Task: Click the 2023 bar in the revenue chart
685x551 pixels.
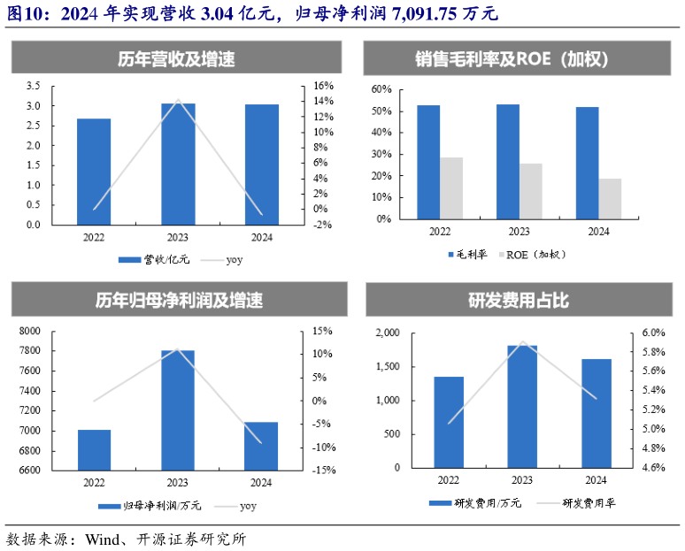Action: pyautogui.click(x=178, y=164)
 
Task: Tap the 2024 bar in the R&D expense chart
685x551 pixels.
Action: pyautogui.click(x=596, y=413)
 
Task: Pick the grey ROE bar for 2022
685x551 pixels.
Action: pyautogui.click(x=451, y=187)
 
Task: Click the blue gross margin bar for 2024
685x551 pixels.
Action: pyautogui.click(x=587, y=163)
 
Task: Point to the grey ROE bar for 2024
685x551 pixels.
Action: pyautogui.click(x=610, y=198)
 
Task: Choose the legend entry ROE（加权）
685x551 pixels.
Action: pyautogui.click(x=535, y=254)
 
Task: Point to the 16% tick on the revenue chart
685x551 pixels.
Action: pyautogui.click(x=322, y=86)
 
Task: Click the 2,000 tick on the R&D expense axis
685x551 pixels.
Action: pyautogui.click(x=389, y=333)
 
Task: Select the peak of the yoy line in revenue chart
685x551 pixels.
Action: pyautogui.click(x=178, y=100)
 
